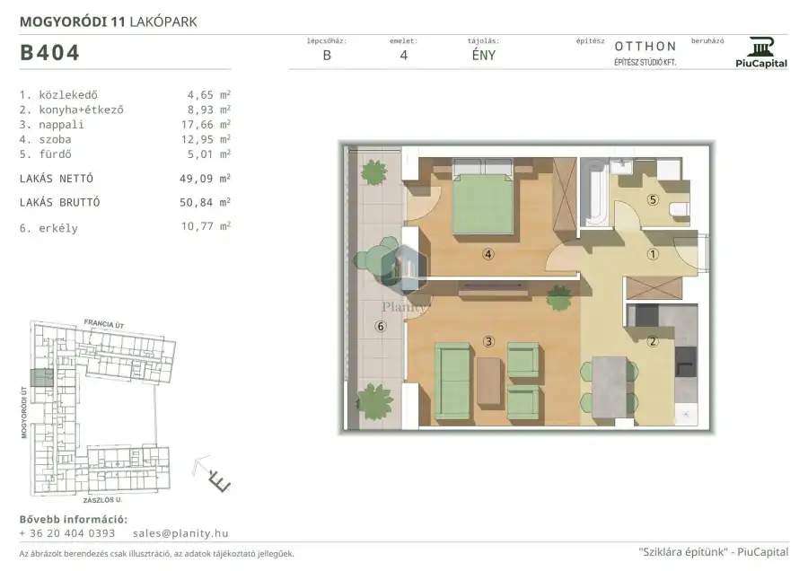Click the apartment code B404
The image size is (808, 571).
coord(49,53)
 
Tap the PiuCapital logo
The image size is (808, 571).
coord(761,53)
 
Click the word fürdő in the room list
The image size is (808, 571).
coord(55,154)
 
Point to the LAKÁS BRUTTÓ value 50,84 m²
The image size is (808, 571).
coord(205,202)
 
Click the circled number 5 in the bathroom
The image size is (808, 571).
coord(653,199)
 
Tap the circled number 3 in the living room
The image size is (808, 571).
coord(488,340)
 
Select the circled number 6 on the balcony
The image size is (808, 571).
coord(381,326)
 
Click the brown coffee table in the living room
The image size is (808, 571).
coord(488,382)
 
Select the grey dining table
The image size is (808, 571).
coord(609,387)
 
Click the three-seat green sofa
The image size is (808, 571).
coord(452,382)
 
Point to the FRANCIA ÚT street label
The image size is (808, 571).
coord(104,324)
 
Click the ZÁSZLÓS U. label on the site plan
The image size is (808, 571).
coord(102,500)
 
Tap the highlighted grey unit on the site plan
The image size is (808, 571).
coord(41,378)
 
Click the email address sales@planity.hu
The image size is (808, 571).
coord(180,533)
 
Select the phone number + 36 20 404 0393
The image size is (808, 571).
coord(67,533)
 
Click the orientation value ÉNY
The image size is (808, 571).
coord(483,55)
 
